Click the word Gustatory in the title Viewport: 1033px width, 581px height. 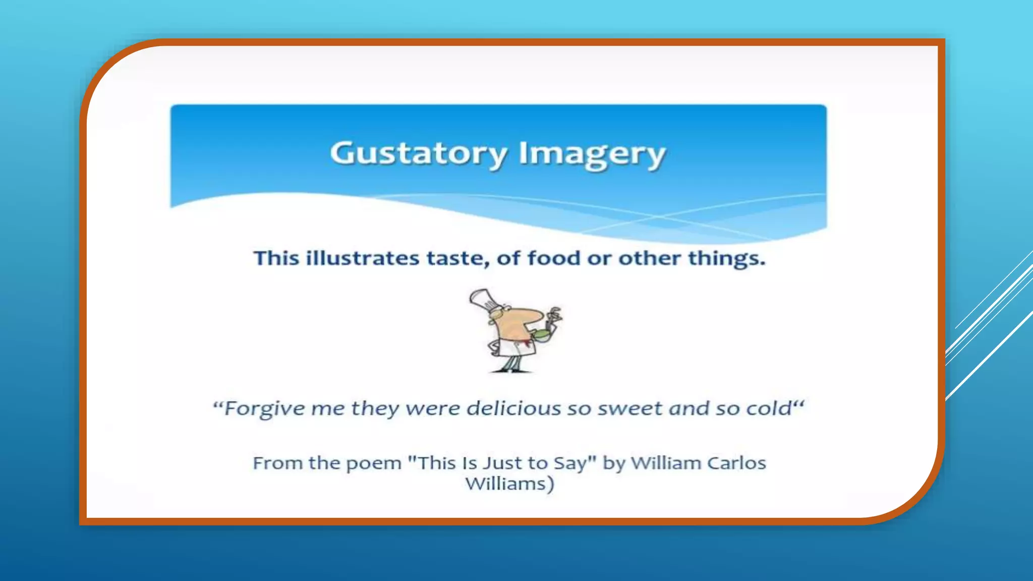coord(418,153)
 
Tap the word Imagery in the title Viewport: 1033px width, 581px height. coord(592,153)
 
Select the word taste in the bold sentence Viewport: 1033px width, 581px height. coord(457,258)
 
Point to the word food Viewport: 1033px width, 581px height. coord(553,258)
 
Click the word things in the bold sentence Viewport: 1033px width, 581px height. coord(726,258)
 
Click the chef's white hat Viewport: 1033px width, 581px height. coord(484,300)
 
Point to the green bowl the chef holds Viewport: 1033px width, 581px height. coord(542,334)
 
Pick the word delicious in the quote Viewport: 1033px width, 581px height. coord(513,408)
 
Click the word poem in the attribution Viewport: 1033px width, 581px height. coord(373,463)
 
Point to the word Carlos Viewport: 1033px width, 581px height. coord(736,462)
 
